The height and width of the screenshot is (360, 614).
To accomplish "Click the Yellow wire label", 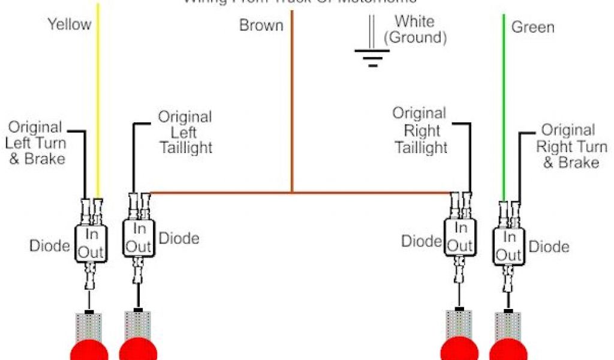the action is coord(70,25).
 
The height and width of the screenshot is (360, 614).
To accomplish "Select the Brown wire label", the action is coord(261,26).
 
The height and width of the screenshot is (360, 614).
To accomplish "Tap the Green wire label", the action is coord(532,27).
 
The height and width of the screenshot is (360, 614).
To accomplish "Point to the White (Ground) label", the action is coord(415,29).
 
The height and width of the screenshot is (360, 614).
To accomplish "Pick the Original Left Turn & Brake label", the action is coord(36,143).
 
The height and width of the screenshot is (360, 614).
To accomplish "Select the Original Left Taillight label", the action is coord(185,131).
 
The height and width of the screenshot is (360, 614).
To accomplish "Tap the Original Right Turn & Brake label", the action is coord(570,146).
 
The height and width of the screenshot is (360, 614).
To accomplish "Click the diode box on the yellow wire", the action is coord(90,243).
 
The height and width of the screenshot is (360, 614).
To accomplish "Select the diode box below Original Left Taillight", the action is coord(139,236).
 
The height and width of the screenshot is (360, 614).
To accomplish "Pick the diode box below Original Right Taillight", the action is coord(460,236).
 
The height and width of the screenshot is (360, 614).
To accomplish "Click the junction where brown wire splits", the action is coord(292,193).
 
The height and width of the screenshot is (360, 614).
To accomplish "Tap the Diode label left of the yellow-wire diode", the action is coord(50,245).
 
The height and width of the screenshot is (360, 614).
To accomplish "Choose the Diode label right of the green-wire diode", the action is coord(549,247).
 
